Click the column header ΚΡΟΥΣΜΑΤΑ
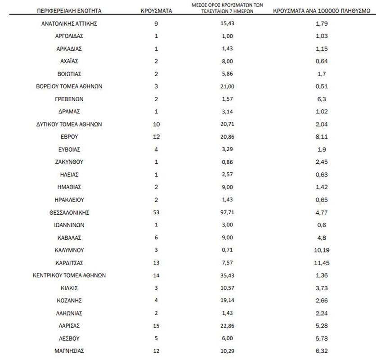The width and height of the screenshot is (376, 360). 156,10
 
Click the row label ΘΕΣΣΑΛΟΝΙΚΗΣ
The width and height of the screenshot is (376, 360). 69,212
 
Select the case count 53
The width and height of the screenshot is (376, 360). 156,212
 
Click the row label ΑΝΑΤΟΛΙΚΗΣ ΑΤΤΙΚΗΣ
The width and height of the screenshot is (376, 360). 69,23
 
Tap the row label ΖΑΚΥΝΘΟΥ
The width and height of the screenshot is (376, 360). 69,162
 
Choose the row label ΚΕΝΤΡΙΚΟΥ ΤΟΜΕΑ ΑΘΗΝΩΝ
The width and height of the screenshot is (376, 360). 69,275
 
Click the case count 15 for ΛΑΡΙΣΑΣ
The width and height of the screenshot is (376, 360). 156,326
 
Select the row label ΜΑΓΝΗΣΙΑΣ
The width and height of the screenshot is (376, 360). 69,351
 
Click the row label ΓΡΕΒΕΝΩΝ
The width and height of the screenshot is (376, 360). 69,99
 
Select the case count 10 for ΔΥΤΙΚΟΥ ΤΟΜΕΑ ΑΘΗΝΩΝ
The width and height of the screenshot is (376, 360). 156,124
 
